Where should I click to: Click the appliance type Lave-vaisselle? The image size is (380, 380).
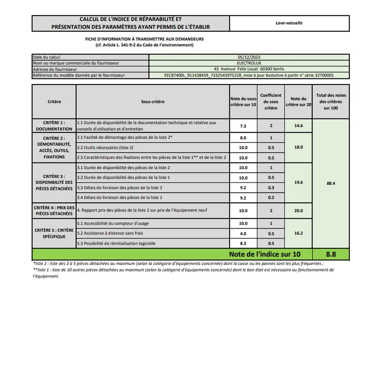click(x=289, y=23)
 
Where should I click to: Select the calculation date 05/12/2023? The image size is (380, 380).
click(x=249, y=57)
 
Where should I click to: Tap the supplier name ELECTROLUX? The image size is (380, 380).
click(x=249, y=63)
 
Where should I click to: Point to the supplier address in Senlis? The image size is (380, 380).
click(x=249, y=69)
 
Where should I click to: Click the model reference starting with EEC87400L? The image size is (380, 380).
click(x=249, y=75)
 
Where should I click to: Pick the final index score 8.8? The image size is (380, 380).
click(x=331, y=254)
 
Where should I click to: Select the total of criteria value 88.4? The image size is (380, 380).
click(x=331, y=183)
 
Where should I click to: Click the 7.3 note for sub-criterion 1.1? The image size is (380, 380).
click(x=243, y=126)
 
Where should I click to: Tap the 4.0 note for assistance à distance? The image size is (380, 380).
click(x=243, y=234)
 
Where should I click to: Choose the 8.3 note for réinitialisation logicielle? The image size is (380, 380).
click(x=243, y=244)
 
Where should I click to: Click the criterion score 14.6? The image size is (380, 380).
click(x=298, y=126)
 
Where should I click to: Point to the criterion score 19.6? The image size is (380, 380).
click(x=298, y=182)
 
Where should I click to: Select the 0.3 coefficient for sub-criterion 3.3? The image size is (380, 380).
click(x=271, y=188)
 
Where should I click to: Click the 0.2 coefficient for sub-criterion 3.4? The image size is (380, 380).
click(x=271, y=198)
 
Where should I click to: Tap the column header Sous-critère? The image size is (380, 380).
click(x=153, y=102)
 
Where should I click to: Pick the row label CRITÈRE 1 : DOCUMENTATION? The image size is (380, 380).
click(x=54, y=126)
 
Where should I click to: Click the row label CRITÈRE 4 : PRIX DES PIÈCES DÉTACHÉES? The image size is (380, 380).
click(x=54, y=211)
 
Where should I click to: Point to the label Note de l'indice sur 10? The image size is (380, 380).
click(x=264, y=254)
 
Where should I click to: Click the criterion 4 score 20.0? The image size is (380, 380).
click(x=298, y=211)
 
